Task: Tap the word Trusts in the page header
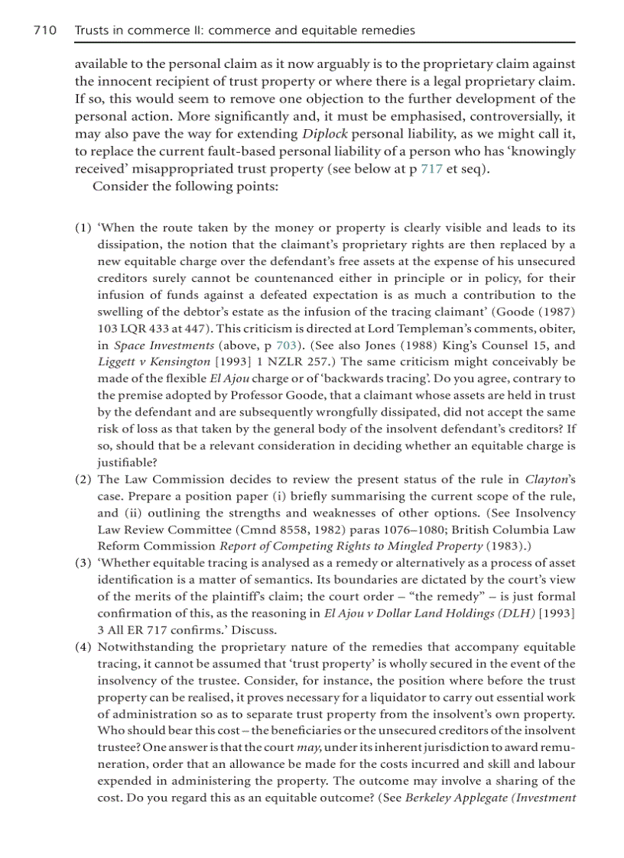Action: [92, 31]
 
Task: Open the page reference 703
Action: [285, 345]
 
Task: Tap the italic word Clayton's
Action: [550, 479]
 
